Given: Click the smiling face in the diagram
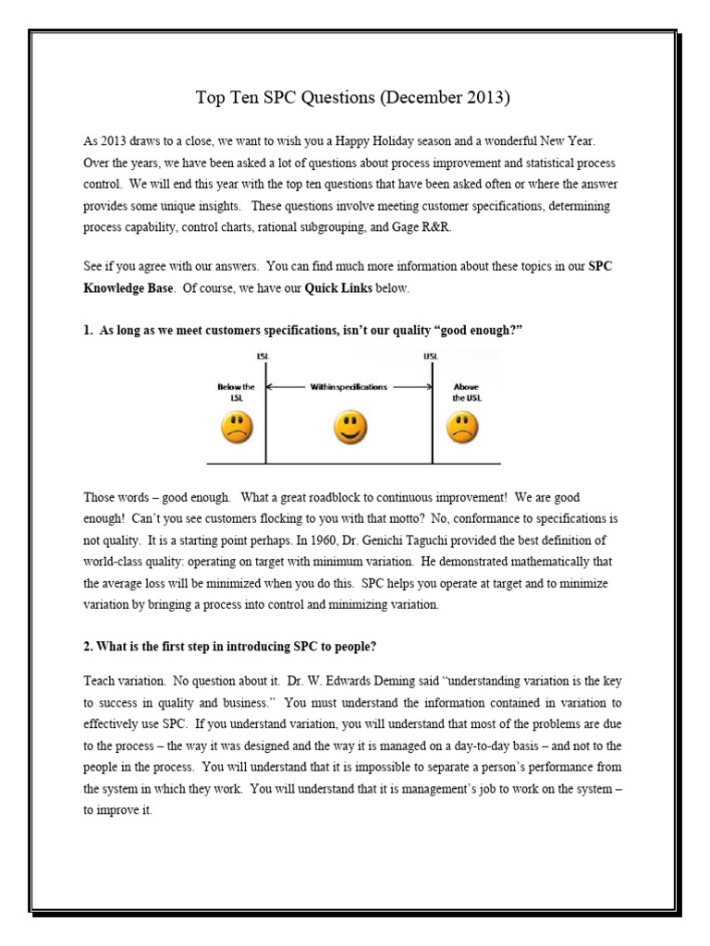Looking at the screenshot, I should click(350, 427).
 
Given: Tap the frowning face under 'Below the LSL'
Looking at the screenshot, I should click(236, 427).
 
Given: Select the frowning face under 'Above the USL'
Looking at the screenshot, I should click(462, 427).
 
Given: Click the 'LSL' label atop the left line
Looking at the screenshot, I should click(265, 356).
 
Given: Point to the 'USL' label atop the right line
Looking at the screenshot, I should click(431, 356).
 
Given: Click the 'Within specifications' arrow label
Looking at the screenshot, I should click(349, 387).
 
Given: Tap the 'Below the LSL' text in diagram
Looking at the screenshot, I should click(236, 392).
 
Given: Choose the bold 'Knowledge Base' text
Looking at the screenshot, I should click(128, 288).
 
